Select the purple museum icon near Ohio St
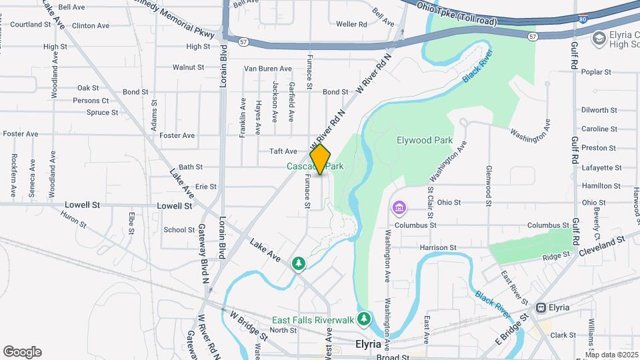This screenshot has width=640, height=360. pos(399,208)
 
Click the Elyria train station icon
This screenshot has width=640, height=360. pos(541,307)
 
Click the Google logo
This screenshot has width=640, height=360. pos(22,351)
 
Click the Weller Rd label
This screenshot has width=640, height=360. pos(352,24)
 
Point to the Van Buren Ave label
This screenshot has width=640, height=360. pos(268,69)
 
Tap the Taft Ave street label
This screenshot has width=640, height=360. pos(283,151)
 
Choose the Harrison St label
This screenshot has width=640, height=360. pos(438,247)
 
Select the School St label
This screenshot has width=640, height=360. pos(179,230)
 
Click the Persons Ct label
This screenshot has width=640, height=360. pos(91,101)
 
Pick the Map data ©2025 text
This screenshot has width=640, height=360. pos(612,355)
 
